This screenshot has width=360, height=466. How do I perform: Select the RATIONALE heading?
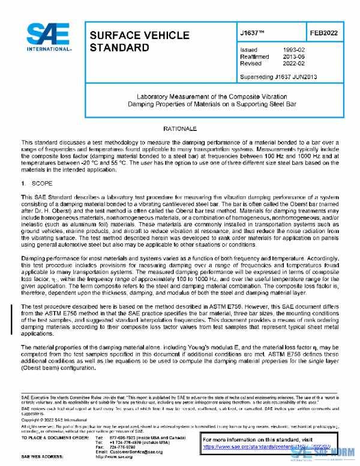coord(180,129)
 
